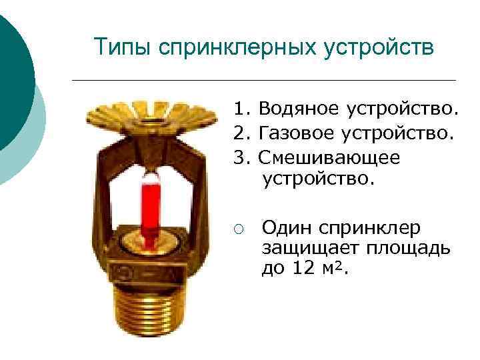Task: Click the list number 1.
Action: (239, 107)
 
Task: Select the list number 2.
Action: (239, 135)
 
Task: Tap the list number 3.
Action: (239, 158)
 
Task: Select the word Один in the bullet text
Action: (285, 228)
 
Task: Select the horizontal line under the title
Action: (263, 80)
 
